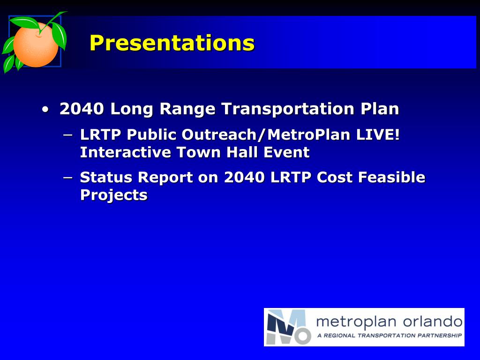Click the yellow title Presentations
(x=172, y=43)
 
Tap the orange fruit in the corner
(x=36, y=45)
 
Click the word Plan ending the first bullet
(x=380, y=109)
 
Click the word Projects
(x=114, y=195)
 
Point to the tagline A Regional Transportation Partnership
(x=390, y=336)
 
